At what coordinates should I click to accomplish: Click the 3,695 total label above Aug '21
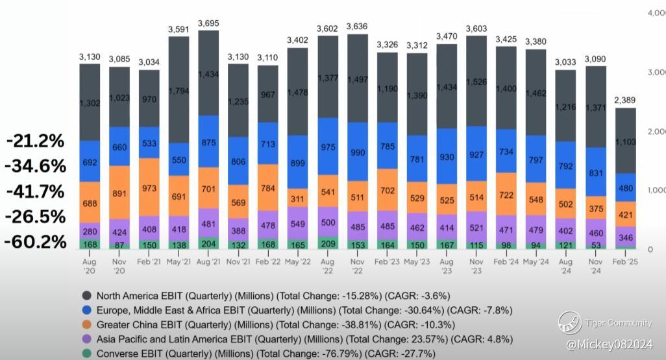[x=208, y=23]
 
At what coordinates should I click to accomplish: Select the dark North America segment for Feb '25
[x=626, y=140]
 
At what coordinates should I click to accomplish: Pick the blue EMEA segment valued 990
[x=358, y=152]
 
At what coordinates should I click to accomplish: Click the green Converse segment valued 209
[x=328, y=243]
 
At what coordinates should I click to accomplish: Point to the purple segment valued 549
[x=297, y=223]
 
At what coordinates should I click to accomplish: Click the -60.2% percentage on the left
[x=36, y=242]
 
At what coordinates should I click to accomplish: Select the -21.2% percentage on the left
[x=36, y=141]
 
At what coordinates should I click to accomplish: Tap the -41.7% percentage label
[x=36, y=191]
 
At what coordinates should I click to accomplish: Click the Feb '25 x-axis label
[x=625, y=261]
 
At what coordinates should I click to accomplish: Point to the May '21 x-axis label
[x=179, y=261]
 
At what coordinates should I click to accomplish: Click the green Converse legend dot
[x=86, y=354]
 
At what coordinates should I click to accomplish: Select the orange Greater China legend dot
[x=86, y=324]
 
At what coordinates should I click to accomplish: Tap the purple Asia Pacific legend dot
[x=86, y=339]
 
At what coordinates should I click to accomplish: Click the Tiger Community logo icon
[x=570, y=323]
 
